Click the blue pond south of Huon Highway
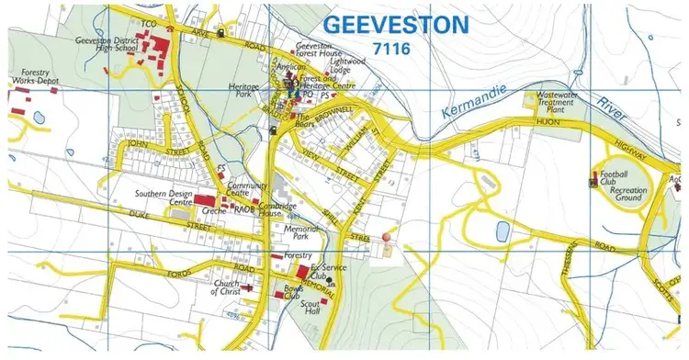tap(503, 231)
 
